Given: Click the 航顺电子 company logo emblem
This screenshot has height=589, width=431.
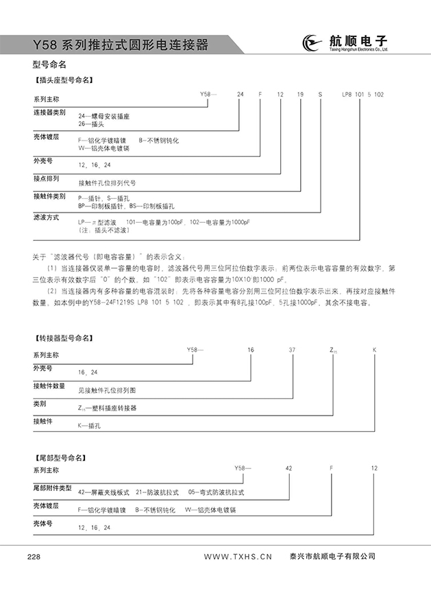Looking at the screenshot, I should click(312, 45).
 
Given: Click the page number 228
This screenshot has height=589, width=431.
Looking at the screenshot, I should click(34, 556).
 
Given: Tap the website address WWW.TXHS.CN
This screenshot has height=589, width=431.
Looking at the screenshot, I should click(238, 556).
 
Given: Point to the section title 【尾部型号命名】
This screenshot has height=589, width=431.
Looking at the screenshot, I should click(60, 457).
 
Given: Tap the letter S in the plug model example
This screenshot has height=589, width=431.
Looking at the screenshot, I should click(319, 93).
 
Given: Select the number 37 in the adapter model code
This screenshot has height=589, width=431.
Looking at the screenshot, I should click(292, 350).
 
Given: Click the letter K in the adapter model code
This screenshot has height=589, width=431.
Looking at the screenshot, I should click(374, 350).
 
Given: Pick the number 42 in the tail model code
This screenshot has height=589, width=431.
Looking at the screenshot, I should click(288, 468).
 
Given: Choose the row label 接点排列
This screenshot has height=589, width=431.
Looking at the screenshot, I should click(47, 178).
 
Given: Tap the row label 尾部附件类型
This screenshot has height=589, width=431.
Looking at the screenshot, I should click(53, 488).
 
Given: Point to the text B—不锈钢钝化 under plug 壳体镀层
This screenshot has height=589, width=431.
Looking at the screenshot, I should click(158, 140).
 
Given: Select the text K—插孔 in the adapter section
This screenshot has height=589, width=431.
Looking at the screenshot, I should click(90, 425).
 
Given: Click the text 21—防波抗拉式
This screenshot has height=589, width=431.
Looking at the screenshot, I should click(157, 492).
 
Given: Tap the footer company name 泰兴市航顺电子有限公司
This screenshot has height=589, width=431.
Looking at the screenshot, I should click(332, 556).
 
